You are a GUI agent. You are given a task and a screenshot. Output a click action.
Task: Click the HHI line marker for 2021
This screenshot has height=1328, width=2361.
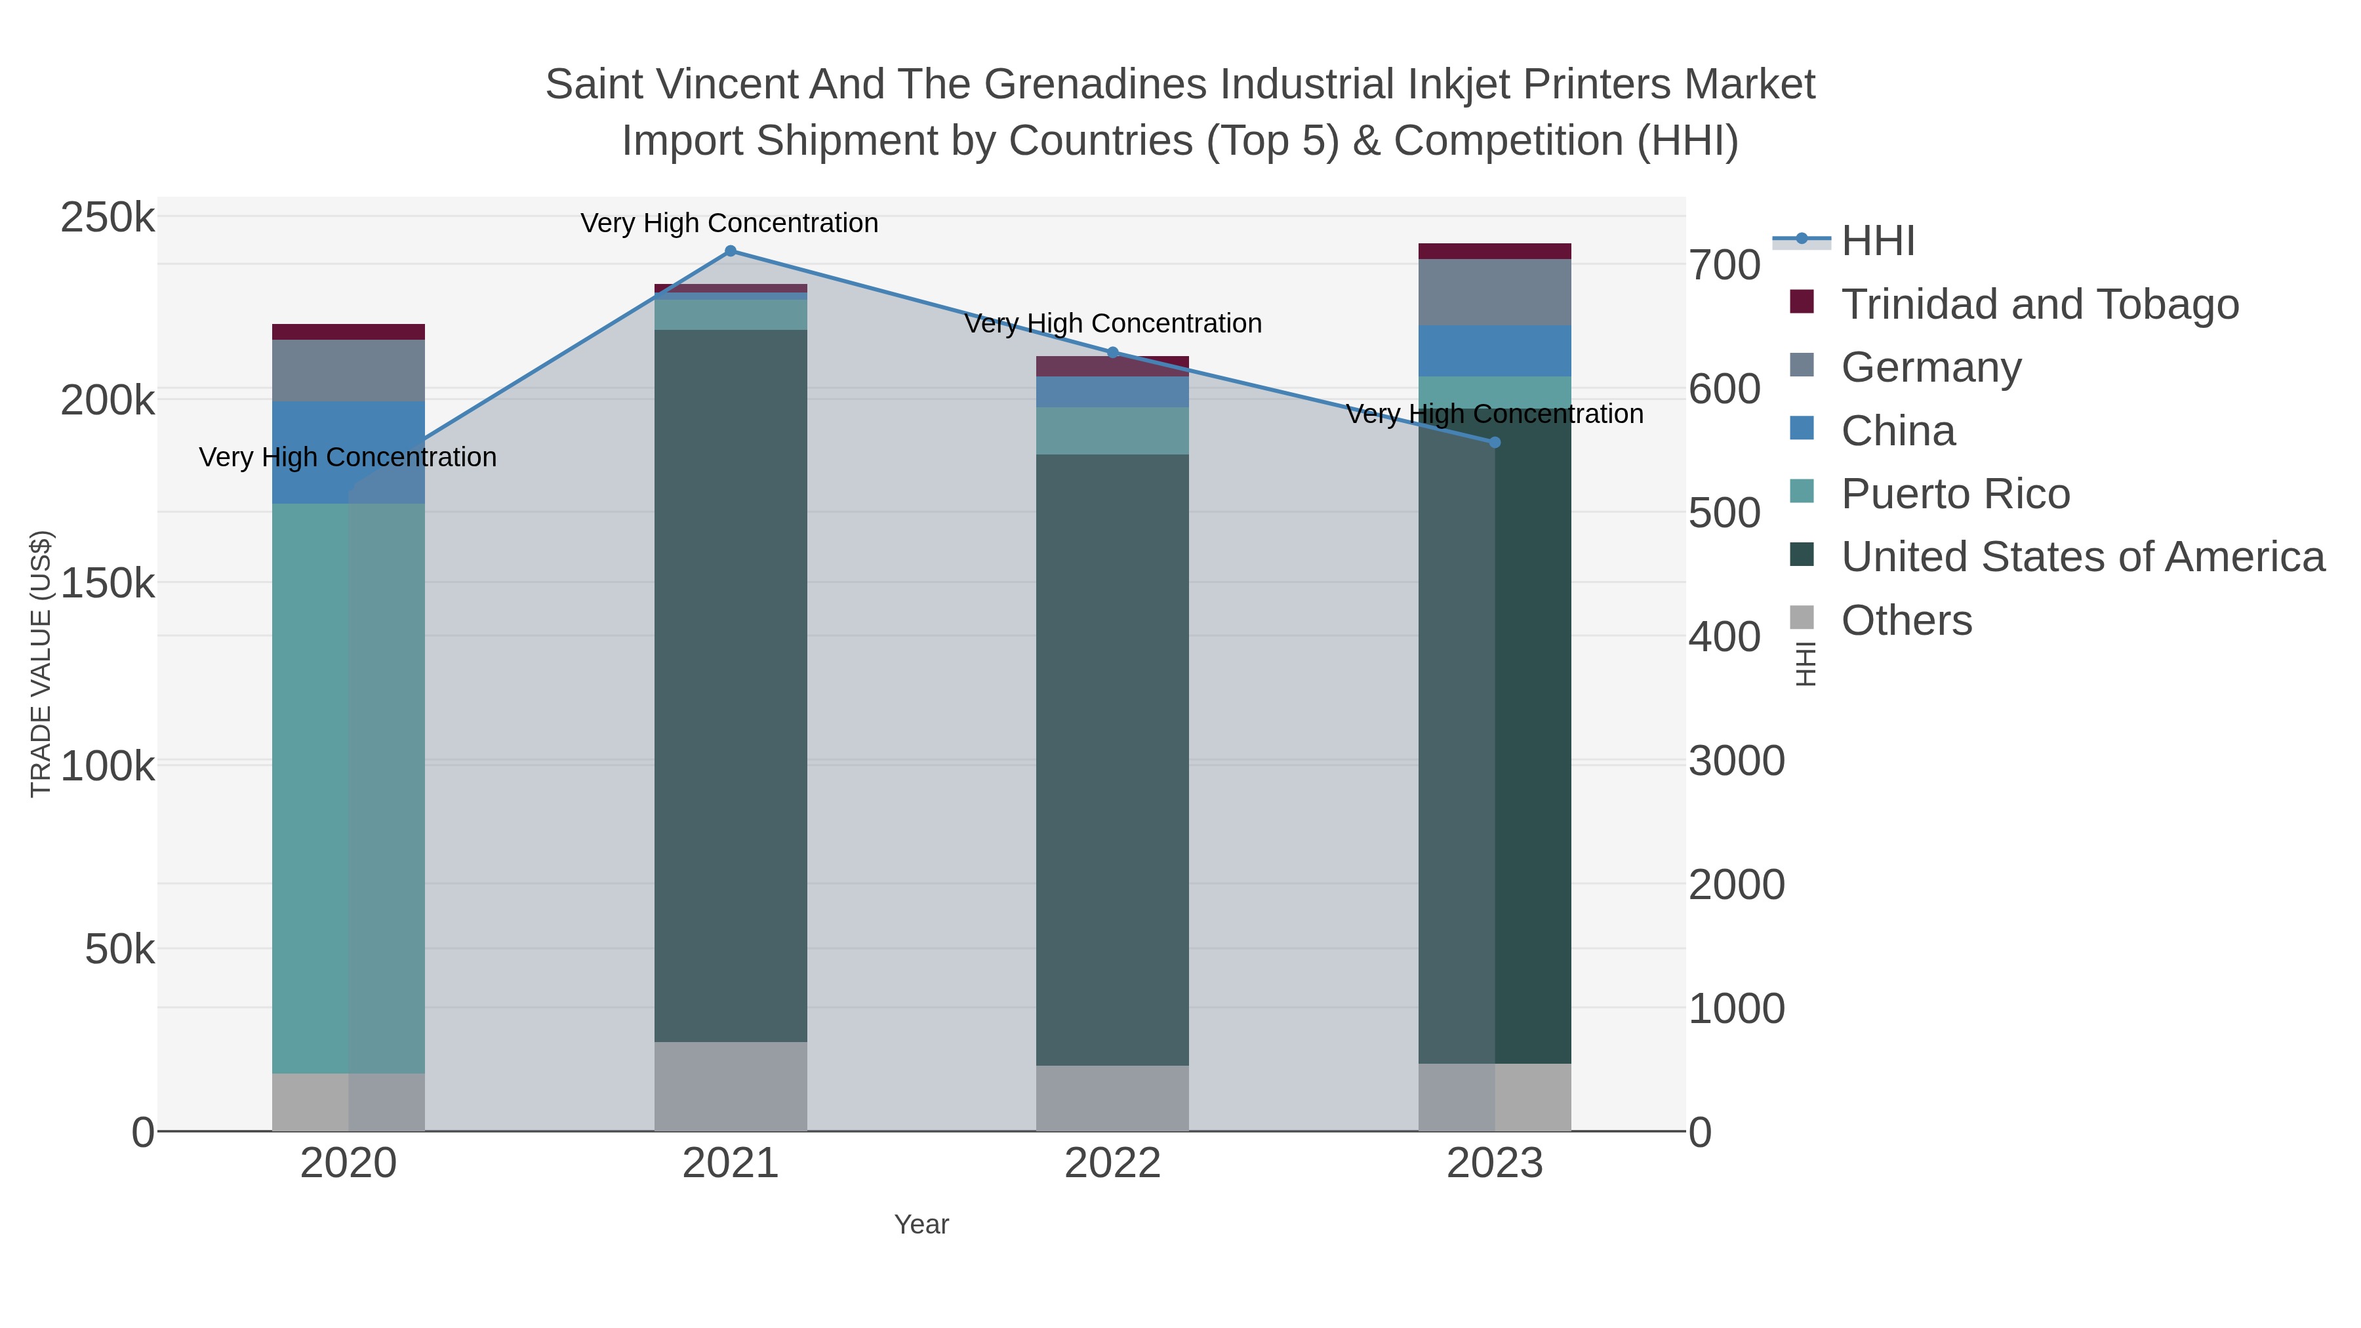coord(731,251)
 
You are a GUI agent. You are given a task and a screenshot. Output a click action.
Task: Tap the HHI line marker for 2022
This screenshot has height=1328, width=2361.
coord(1113,352)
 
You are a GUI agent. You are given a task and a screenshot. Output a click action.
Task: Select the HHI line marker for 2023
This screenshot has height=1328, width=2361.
coord(1495,443)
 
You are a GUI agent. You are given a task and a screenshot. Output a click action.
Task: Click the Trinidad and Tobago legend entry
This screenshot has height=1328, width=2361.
coord(2039,304)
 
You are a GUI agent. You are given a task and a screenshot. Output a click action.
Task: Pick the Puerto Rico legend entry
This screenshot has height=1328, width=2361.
coord(1955,494)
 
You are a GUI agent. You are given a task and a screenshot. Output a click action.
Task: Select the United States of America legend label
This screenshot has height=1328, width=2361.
coord(2082,557)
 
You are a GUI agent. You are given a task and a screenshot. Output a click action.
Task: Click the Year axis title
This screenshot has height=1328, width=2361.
coord(921,1224)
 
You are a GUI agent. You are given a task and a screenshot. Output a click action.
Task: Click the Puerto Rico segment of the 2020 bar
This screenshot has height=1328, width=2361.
coord(312,788)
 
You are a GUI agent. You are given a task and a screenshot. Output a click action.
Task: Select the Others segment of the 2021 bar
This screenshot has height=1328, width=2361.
coord(731,1086)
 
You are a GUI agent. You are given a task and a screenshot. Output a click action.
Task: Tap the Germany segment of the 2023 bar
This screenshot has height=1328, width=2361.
coord(1495,292)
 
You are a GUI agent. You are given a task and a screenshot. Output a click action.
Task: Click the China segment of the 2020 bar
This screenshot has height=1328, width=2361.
coord(312,453)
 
